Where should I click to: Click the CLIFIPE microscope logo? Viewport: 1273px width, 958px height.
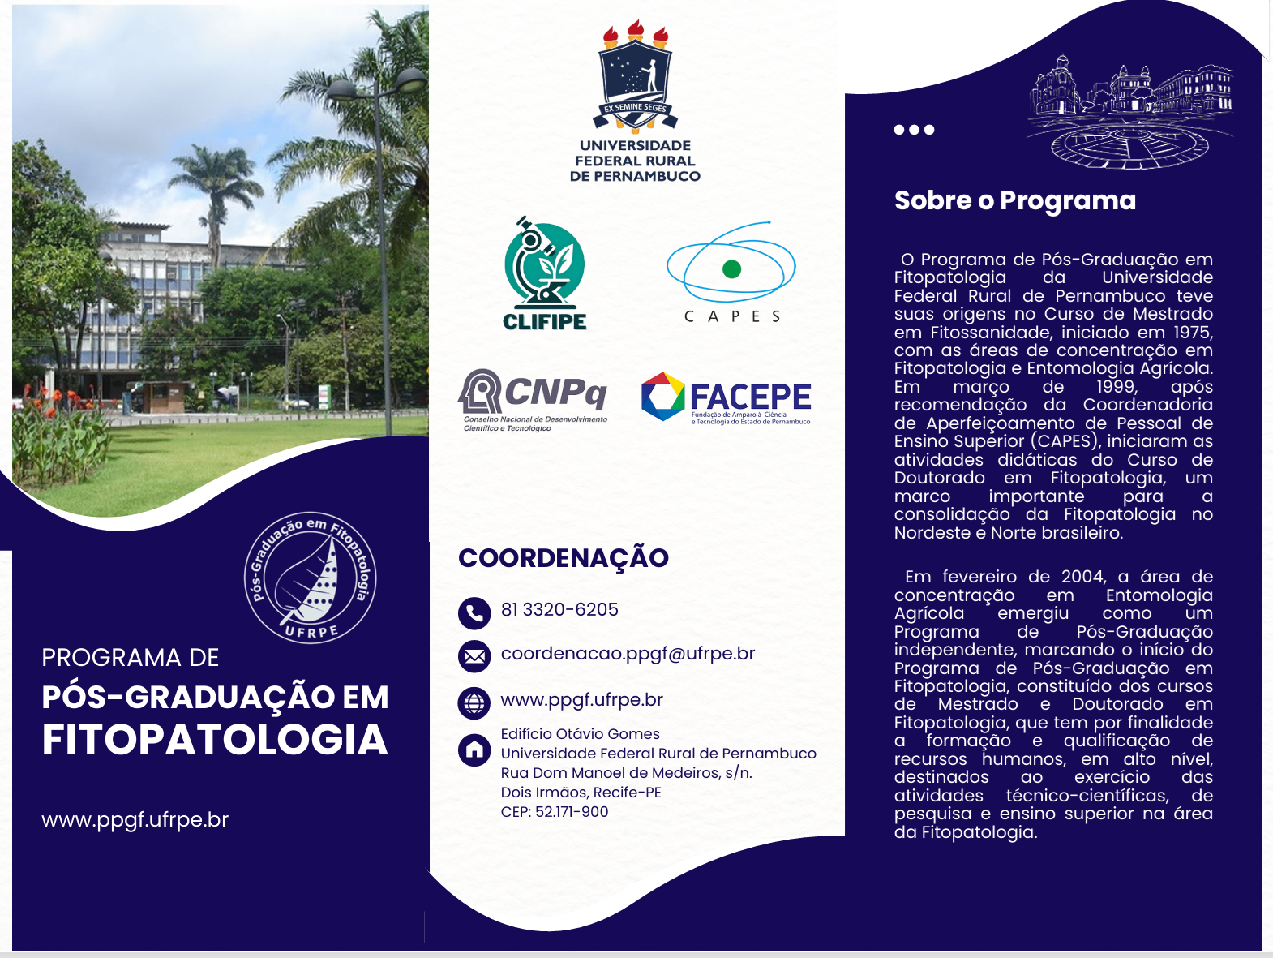(x=544, y=273)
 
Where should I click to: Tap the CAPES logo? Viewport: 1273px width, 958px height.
(x=731, y=272)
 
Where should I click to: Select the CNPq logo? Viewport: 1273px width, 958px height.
(x=533, y=401)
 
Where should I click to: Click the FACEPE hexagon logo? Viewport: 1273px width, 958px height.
(x=663, y=397)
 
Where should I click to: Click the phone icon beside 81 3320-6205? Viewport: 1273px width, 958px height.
(x=474, y=613)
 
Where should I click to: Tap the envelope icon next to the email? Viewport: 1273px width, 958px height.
(x=474, y=656)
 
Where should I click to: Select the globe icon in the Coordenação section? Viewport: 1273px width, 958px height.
(x=474, y=703)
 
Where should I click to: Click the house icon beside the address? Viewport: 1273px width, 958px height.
(x=474, y=750)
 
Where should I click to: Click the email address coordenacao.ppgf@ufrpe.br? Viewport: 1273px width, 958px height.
(x=628, y=653)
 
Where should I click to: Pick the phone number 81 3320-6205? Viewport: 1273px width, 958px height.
(x=559, y=609)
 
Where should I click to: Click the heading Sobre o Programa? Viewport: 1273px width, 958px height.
(x=1015, y=201)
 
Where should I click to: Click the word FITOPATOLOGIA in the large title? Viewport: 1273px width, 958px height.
(x=215, y=740)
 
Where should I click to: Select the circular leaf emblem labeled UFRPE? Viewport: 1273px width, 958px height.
(x=311, y=578)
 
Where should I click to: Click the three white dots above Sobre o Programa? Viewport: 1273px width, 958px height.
(x=914, y=130)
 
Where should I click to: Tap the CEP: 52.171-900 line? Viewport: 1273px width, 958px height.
(x=555, y=812)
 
